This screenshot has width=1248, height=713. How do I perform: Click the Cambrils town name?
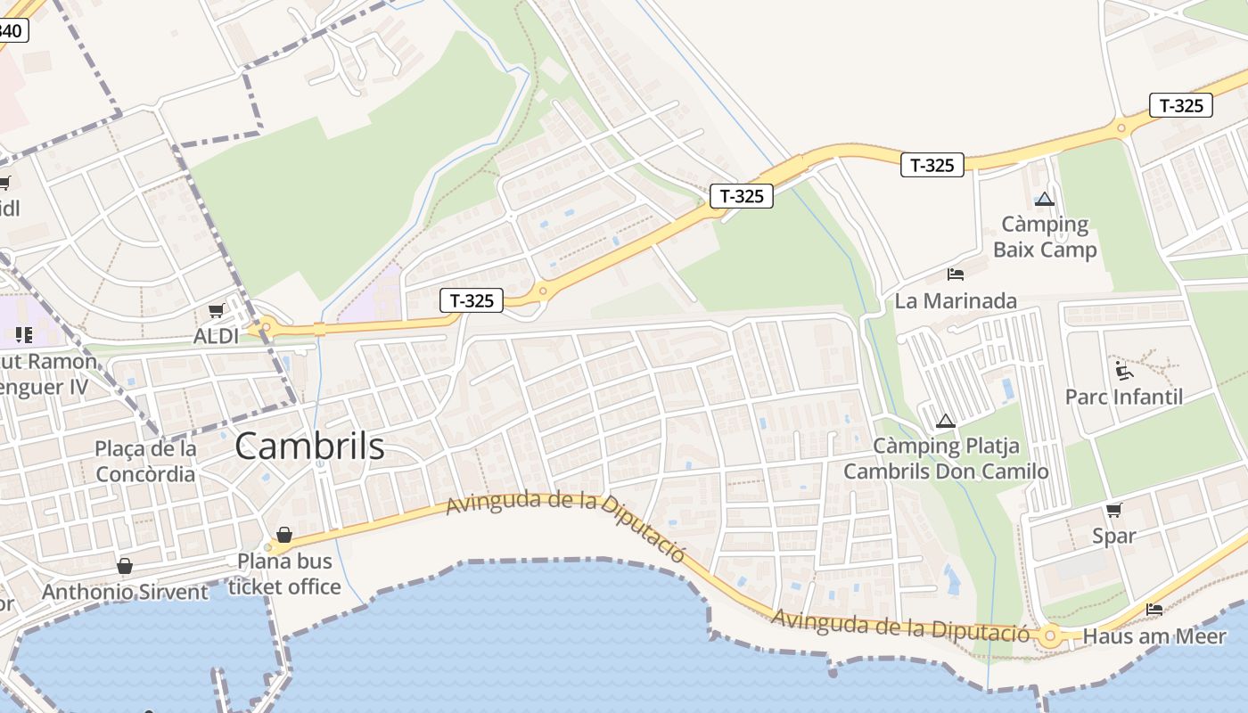tap(309, 447)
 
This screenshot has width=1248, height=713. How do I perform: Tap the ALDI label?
tap(217, 336)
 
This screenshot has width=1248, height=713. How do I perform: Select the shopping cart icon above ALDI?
tap(216, 310)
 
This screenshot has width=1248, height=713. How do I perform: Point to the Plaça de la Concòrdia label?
tap(145, 461)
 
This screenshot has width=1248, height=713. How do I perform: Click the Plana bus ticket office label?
tap(284, 574)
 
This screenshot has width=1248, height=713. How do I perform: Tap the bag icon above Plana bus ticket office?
tap(284, 535)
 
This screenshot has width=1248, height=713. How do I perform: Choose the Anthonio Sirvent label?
tap(125, 592)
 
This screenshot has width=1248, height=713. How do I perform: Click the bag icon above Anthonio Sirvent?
tap(125, 566)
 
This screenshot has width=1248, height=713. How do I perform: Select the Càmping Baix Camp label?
tap(1045, 237)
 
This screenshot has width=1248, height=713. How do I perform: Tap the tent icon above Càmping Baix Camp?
tap(1045, 199)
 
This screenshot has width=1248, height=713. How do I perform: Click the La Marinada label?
tap(956, 300)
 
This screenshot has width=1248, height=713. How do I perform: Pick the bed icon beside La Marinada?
tap(956, 275)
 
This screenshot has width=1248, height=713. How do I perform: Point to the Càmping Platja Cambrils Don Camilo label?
tap(946, 458)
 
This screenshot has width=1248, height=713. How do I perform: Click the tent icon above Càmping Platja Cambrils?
tap(946, 421)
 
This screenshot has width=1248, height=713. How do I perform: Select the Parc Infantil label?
tap(1124, 397)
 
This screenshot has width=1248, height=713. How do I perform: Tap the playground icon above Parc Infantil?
tap(1124, 370)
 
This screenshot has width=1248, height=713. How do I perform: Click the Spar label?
tap(1114, 536)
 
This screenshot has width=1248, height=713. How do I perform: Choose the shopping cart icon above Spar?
tap(1114, 510)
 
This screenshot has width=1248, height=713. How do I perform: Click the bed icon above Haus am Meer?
tap(1154, 611)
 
